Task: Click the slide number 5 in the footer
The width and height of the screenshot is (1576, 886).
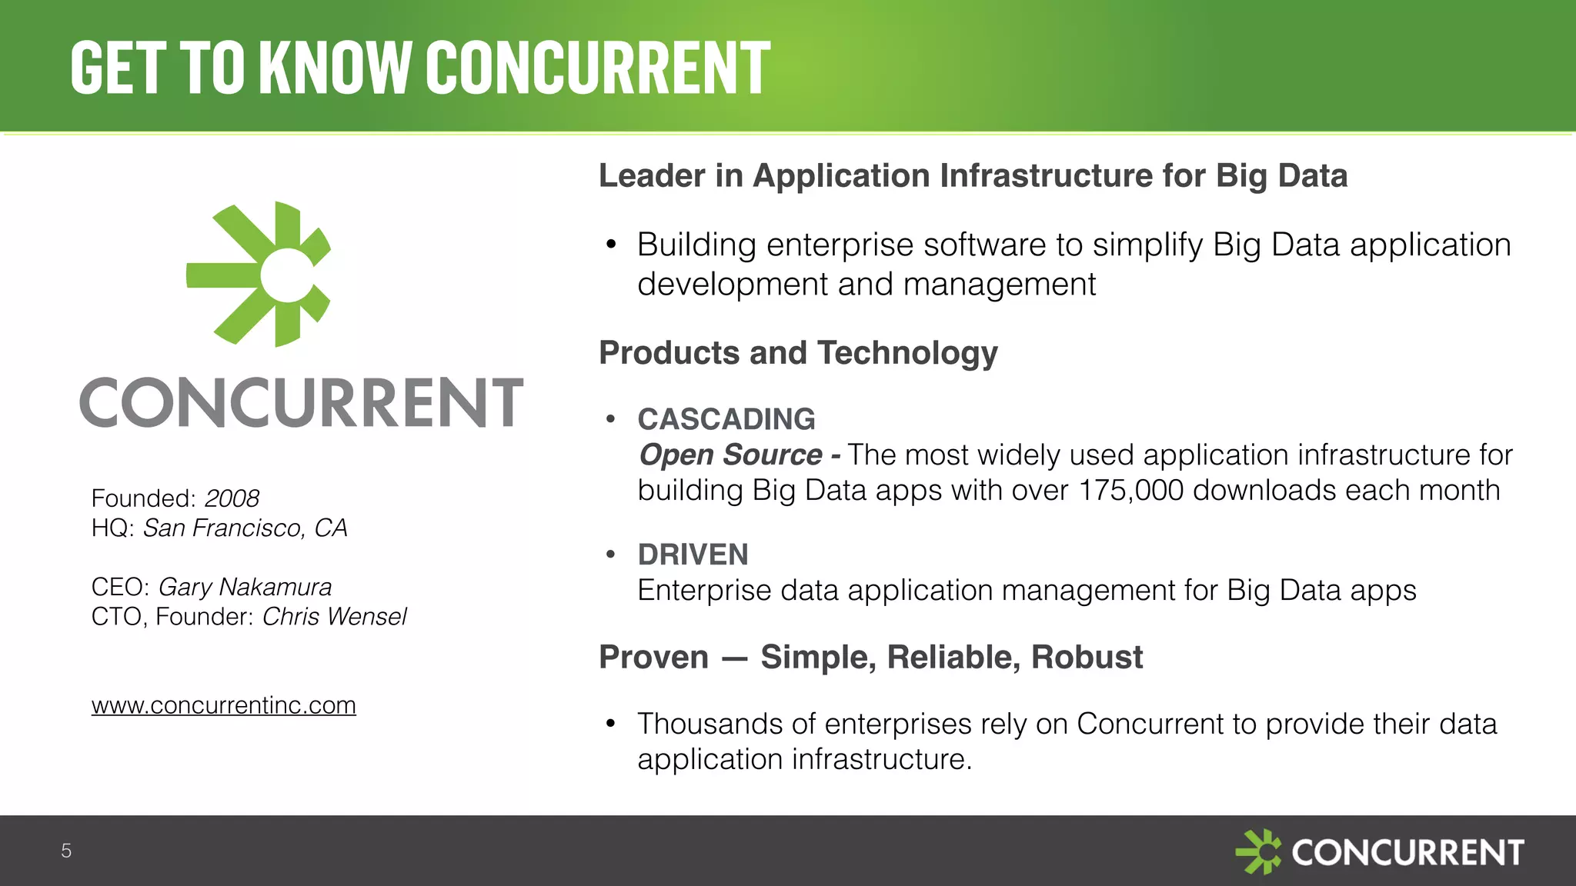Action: click(x=66, y=851)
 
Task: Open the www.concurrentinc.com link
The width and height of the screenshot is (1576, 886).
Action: click(x=223, y=705)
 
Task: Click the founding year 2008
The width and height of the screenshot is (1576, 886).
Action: click(x=232, y=498)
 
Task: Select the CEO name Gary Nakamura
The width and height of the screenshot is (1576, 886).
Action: click(x=245, y=587)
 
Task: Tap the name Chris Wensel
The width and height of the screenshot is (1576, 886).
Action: click(x=334, y=617)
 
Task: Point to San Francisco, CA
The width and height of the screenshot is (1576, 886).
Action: click(x=245, y=528)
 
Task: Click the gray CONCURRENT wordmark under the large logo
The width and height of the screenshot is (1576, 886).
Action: click(x=302, y=402)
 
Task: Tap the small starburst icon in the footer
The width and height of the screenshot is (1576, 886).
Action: click(x=1257, y=851)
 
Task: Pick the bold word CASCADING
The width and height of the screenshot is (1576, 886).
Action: click(x=726, y=419)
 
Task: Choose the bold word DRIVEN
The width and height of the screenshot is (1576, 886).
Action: click(x=693, y=555)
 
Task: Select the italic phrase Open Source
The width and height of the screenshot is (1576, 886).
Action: click(x=730, y=455)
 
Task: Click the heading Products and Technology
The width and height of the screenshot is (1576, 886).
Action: click(x=798, y=353)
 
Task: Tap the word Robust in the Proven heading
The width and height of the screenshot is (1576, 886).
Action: click(x=1087, y=658)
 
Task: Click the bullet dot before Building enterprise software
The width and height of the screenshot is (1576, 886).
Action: click(x=611, y=245)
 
